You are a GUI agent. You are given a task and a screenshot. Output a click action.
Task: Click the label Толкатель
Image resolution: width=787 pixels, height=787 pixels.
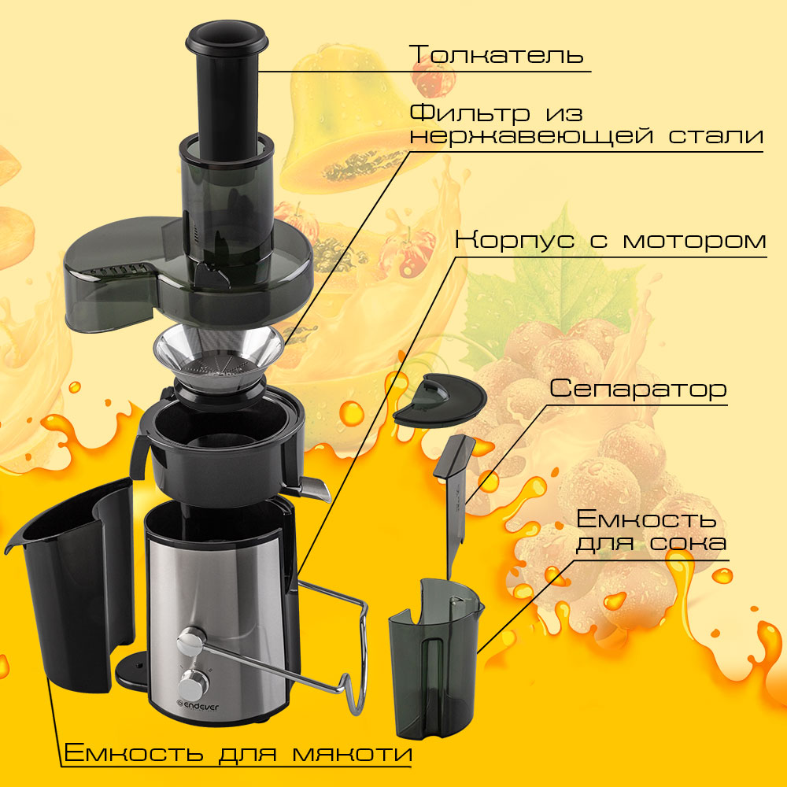coord(497,54)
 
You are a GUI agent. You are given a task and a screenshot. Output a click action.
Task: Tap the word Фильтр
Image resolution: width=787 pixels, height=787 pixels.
coord(470,114)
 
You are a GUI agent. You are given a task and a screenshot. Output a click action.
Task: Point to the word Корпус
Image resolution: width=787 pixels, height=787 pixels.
coord(515,240)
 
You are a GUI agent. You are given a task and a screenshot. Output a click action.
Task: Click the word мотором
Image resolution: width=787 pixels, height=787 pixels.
coord(695,241)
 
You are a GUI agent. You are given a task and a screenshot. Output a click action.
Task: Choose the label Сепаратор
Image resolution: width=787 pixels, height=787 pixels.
coord(638,389)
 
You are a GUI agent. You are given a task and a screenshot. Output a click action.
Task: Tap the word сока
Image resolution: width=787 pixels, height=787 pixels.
coord(688,543)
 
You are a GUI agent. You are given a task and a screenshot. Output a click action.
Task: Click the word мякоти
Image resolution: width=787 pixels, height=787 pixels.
coord(353,753)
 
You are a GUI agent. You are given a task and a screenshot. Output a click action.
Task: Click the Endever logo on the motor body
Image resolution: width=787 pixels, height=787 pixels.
coord(199,708)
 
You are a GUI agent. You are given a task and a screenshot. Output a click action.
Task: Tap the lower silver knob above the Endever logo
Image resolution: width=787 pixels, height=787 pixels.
coord(194,682)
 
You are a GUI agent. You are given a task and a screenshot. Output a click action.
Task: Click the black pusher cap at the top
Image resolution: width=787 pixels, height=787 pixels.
coord(227,37)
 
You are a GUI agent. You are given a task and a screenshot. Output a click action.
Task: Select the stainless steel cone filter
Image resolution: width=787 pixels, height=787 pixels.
coord(218,357)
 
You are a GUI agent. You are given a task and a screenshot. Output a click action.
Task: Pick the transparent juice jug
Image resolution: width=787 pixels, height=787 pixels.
coord(434,657)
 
